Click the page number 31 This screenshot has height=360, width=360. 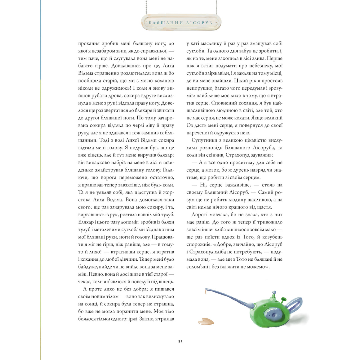coord(180,341)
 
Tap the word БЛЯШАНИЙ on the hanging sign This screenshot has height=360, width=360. coord(166,23)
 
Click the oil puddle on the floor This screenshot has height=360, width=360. coord(206,321)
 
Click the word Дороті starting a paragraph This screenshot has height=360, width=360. coord(199,215)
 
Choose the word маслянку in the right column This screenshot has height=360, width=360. coord(209,44)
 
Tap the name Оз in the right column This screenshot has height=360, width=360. coord(190,126)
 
